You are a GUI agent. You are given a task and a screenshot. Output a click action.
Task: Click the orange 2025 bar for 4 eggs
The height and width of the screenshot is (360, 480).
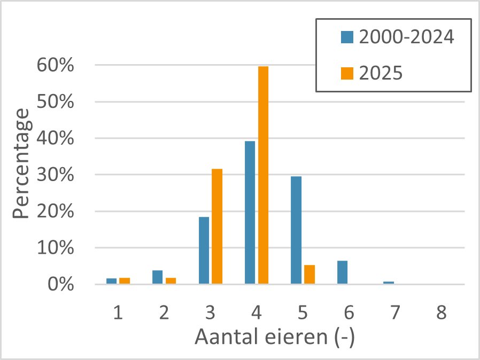pyautogui.click(x=264, y=175)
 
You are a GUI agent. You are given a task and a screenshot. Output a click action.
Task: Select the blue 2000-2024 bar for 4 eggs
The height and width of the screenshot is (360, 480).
pyautogui.click(x=250, y=213)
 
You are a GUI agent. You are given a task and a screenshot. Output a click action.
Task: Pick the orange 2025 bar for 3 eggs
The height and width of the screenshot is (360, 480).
pyautogui.click(x=217, y=226)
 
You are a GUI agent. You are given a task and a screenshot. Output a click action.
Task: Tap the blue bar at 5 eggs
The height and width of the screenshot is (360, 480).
pyautogui.click(x=296, y=230)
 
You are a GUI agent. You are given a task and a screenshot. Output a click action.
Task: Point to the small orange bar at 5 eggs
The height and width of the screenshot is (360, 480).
pyautogui.click(x=309, y=275)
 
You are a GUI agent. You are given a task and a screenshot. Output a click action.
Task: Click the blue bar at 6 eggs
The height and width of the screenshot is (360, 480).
pyautogui.click(x=342, y=272)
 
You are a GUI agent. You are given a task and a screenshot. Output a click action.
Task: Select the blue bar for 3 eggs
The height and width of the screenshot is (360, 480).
pyautogui.click(x=204, y=251)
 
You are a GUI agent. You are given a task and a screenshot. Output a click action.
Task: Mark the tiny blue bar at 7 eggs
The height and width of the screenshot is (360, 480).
pyautogui.click(x=389, y=283)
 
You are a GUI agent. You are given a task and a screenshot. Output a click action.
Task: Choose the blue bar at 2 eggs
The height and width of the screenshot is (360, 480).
pyautogui.click(x=157, y=277)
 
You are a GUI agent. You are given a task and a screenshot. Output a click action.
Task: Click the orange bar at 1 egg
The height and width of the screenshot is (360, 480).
pyautogui.click(x=125, y=281)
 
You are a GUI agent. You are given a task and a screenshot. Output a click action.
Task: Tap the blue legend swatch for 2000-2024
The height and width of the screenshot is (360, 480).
pyautogui.click(x=347, y=37)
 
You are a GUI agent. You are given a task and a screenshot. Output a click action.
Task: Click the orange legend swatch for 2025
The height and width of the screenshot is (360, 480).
pyautogui.click(x=347, y=73)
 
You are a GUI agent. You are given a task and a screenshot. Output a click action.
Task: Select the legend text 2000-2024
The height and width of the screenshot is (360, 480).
pyautogui.click(x=406, y=37)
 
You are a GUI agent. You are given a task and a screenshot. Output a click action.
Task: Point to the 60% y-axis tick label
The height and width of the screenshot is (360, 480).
pyautogui.click(x=56, y=65)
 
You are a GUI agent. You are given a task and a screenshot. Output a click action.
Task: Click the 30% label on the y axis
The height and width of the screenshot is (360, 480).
pyautogui.click(x=56, y=175)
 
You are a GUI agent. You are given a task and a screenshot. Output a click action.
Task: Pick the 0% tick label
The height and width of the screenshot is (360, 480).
pyautogui.click(x=60, y=285)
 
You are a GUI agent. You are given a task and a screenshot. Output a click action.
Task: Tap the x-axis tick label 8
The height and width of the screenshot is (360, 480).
pyautogui.click(x=441, y=312)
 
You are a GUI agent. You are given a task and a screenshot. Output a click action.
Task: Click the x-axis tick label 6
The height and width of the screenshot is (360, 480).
pyautogui.click(x=349, y=312)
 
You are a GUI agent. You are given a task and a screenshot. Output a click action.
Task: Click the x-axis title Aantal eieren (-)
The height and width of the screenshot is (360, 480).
pyautogui.click(x=275, y=337)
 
